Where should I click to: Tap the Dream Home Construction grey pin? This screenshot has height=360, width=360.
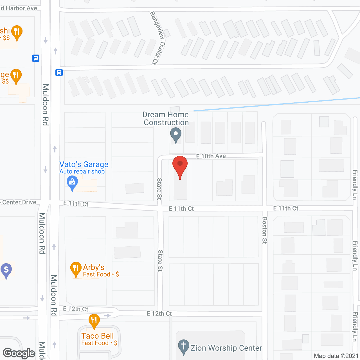tap(176, 135)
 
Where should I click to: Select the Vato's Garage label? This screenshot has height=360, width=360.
tap(84, 165)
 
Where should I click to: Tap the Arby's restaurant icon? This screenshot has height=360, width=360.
tap(76, 269)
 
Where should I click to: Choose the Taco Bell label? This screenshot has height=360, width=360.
tap(98, 336)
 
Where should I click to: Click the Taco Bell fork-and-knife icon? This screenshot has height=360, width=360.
tap(94, 321)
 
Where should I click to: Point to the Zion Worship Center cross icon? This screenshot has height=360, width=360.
tap(184, 346)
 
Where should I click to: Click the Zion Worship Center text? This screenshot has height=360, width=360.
tap(226, 348)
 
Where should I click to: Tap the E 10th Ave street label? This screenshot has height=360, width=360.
tap(211, 156)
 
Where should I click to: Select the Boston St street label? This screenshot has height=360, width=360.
tap(265, 230)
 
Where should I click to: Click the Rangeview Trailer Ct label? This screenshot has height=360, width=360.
tap(158, 38)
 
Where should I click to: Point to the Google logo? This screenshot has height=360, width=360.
tap(19, 353)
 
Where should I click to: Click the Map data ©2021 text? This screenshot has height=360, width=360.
tap(336, 356)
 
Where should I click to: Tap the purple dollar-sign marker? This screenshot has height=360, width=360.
tap(6, 270)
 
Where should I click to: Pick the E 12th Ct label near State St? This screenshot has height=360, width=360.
tap(159, 314)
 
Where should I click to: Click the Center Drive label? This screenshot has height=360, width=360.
tap(19, 202)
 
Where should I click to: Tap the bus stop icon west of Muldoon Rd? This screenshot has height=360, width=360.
tap(36, 58)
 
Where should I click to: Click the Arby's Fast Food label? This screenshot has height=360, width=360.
tap(101, 274)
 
